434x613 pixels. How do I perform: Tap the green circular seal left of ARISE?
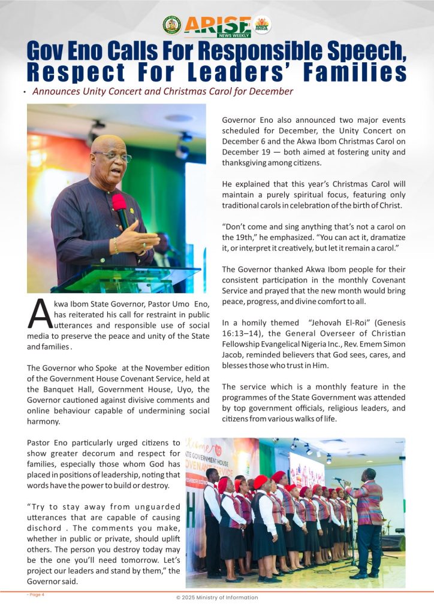click(172, 25)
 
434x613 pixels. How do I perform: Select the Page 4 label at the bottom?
click(35, 594)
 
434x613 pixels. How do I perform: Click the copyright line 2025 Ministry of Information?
click(216, 598)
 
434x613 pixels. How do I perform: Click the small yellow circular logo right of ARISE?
click(262, 25)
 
